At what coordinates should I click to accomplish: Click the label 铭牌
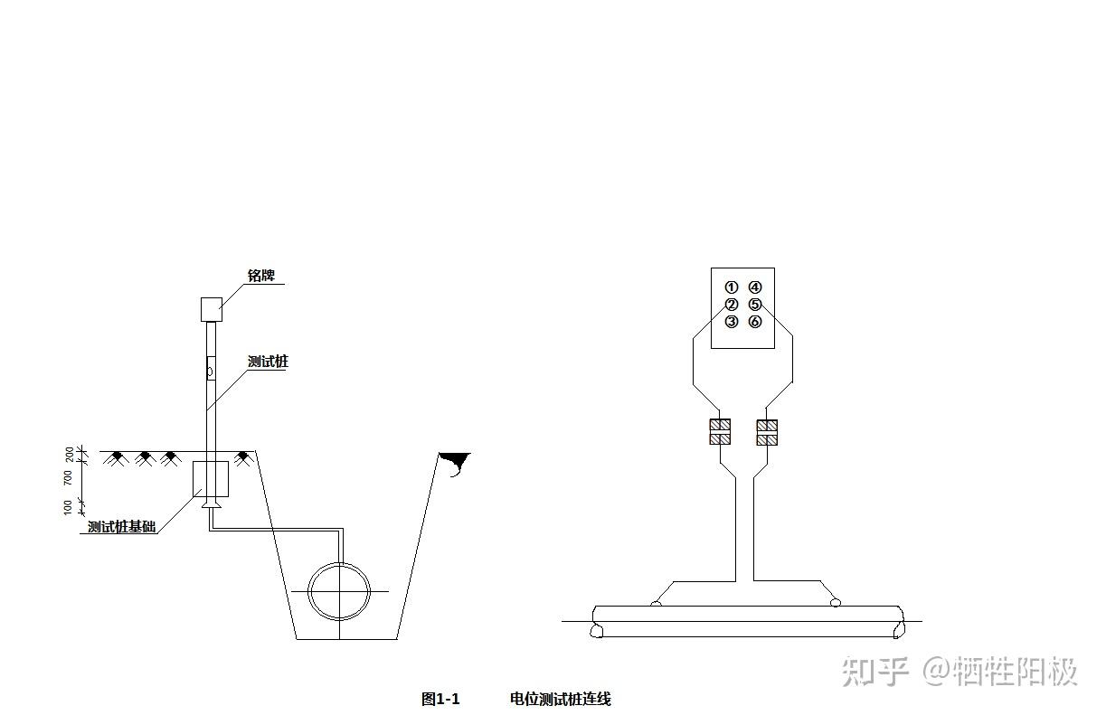click(261, 275)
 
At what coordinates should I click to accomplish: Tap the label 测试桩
click(268, 362)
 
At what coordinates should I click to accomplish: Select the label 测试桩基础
click(121, 526)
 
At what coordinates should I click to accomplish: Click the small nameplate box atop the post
click(211, 309)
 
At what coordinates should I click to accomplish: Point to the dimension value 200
click(69, 452)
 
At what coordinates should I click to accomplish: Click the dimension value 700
click(69, 477)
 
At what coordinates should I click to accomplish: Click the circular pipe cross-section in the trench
click(339, 591)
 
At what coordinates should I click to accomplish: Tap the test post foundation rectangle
click(211, 479)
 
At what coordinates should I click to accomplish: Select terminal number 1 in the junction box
click(732, 287)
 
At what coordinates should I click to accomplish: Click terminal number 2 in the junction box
click(732, 305)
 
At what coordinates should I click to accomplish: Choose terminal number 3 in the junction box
click(732, 322)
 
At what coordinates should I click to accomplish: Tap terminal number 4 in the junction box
click(755, 287)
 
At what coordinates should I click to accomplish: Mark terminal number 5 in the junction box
click(755, 305)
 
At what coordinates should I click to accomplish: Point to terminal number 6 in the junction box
click(755, 322)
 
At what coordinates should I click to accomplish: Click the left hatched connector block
click(720, 432)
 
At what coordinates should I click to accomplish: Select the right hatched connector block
click(767, 432)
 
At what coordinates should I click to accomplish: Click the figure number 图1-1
click(440, 699)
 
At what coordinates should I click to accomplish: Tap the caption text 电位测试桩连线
click(560, 699)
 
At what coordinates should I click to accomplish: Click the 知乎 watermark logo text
click(874, 672)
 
